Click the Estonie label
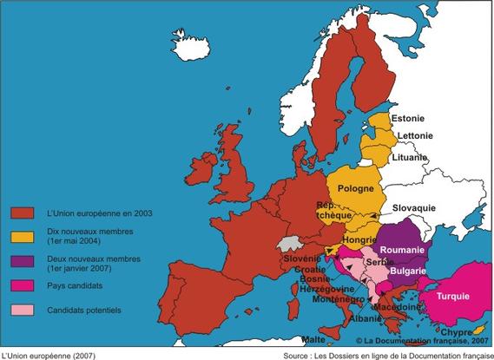pyautogui.click(x=408, y=118)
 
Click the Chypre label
pyautogui.click(x=456, y=331)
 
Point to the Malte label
pyautogui.click(x=315, y=339)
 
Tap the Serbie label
pyautogui.click(x=379, y=261)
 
